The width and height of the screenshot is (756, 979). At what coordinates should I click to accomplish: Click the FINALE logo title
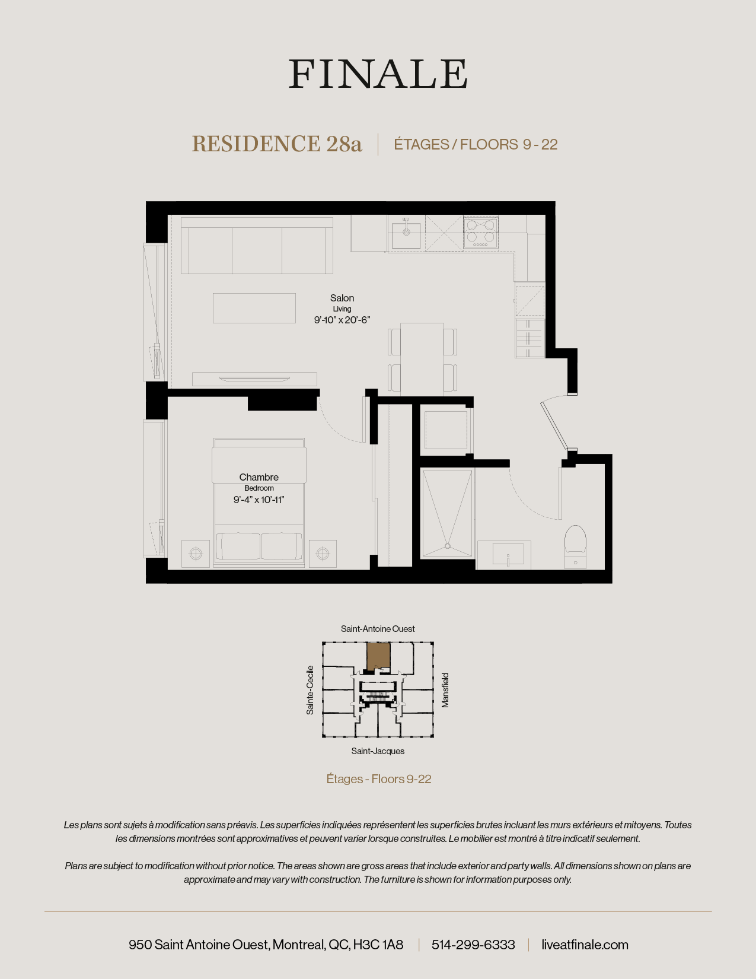[378, 74]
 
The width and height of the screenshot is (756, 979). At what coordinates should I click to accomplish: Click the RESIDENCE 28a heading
[276, 144]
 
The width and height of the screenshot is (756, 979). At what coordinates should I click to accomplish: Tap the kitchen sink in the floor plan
[406, 233]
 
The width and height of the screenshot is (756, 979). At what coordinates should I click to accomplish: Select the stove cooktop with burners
[480, 233]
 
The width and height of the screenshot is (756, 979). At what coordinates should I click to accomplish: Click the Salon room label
[342, 298]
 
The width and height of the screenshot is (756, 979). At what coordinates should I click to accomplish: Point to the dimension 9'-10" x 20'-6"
[342, 320]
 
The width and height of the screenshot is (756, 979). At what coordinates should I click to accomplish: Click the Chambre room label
[259, 477]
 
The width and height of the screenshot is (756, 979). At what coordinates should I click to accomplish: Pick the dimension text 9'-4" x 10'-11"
[259, 500]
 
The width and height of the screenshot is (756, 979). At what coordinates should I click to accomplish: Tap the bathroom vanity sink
[508, 554]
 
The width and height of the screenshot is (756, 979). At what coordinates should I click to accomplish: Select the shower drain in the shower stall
[448, 546]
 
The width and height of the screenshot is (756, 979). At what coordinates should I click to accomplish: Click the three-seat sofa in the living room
[257, 246]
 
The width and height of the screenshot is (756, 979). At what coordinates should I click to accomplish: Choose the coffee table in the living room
[254, 308]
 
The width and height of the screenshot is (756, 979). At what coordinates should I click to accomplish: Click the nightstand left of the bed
[196, 554]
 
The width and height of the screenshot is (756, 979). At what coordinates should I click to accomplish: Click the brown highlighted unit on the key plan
[378, 656]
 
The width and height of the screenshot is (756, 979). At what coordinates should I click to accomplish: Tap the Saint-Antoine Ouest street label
[378, 629]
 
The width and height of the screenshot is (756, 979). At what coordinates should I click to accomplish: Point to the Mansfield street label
[445, 690]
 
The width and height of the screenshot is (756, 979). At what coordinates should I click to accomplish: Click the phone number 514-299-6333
[473, 945]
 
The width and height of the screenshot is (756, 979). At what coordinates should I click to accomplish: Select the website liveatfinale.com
[585, 945]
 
